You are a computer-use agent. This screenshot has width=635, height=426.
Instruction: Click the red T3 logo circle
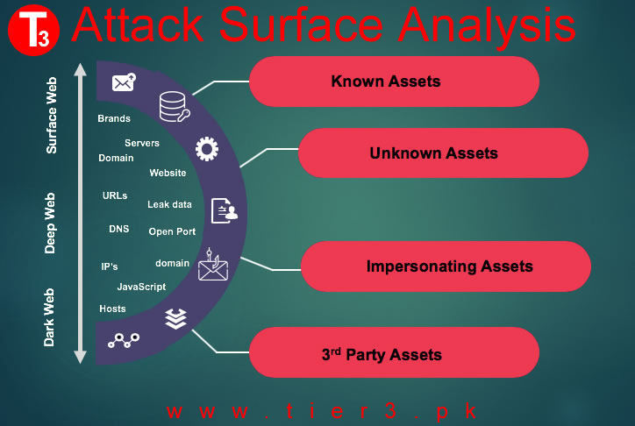coord(33,31)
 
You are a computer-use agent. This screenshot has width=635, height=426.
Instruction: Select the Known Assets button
coord(394,82)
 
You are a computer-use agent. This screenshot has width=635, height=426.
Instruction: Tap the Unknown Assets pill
coord(443,153)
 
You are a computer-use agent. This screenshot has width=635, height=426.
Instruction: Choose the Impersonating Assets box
coord(446,266)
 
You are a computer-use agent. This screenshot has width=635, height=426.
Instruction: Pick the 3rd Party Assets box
coord(394,352)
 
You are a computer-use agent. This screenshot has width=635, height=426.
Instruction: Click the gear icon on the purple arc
coord(207,149)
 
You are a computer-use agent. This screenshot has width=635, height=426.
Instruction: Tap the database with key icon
coord(175,106)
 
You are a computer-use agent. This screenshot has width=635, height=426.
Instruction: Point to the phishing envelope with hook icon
coord(213,265)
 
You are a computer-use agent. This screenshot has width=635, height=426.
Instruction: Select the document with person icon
coord(225,210)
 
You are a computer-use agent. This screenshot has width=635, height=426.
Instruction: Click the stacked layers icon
coord(175,319)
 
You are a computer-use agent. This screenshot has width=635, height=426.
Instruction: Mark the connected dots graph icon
coord(124,340)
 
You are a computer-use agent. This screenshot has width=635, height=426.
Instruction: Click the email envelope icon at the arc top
coord(124,82)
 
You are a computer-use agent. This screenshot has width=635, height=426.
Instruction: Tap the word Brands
coord(114,118)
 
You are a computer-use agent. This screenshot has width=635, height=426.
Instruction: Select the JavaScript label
coord(141,287)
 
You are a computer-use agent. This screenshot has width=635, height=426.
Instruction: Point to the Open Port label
coord(172,231)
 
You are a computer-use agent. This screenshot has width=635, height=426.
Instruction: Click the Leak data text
coord(169,204)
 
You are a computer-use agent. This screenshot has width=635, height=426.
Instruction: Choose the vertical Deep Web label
coord(50,223)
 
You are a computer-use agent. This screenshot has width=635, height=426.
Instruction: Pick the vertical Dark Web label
coord(49,317)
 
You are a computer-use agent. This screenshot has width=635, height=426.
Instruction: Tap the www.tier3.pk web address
coord(322,411)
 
